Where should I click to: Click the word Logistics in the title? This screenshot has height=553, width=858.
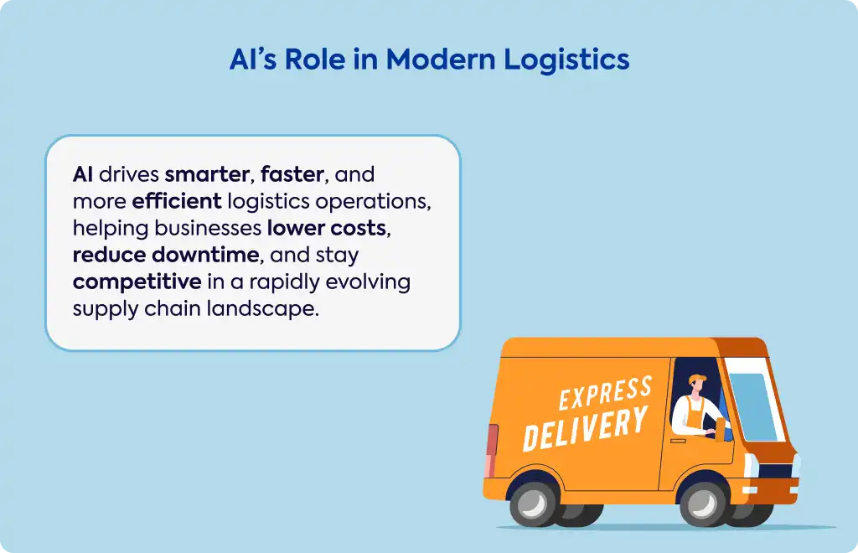click(x=566, y=60)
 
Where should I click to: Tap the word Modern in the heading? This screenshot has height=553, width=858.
click(x=441, y=59)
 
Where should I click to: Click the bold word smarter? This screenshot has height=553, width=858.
click(x=207, y=174)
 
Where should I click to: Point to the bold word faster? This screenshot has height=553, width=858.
click(x=292, y=174)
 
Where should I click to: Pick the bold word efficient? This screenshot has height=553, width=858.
click(x=177, y=201)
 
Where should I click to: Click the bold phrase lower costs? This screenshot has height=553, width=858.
click(x=327, y=228)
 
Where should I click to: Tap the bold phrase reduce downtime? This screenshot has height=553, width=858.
click(x=166, y=255)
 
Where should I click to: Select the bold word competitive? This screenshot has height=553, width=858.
click(x=137, y=282)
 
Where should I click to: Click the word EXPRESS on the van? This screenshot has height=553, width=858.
click(x=605, y=393)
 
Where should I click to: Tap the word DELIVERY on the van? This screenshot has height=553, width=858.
click(x=586, y=428)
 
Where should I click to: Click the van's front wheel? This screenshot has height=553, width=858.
click(x=704, y=504)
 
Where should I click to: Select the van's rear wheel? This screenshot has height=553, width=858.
click(x=534, y=504)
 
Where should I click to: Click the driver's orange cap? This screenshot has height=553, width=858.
click(x=698, y=379)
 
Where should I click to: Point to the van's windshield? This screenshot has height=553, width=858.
click(x=754, y=406)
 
